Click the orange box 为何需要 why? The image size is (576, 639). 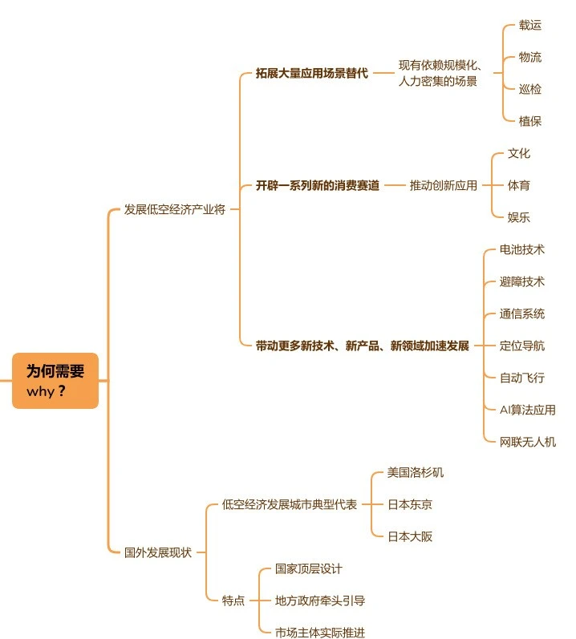(x=55, y=381)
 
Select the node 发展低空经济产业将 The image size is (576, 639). (x=174, y=209)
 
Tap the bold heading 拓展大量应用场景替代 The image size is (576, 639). (x=312, y=73)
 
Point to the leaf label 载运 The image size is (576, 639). (x=530, y=26)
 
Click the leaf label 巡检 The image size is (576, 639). (x=530, y=89)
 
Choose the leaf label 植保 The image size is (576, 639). (x=530, y=121)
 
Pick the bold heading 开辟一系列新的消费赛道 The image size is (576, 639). (x=318, y=185)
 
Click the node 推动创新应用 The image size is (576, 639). (x=443, y=185)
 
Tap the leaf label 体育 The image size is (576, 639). (x=518, y=185)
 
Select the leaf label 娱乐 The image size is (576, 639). (x=518, y=217)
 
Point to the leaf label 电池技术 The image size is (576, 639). (x=521, y=249)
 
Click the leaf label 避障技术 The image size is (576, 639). (x=521, y=281)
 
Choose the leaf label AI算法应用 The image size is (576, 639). (x=528, y=410)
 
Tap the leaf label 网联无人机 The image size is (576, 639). (x=528, y=442)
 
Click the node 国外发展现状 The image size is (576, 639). (x=158, y=552)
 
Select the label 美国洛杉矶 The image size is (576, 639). (x=415, y=473)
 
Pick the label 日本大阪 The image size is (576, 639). (x=410, y=536)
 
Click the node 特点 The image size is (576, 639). (x=233, y=601)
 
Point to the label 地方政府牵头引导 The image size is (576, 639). (x=320, y=601)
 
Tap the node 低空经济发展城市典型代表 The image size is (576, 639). (x=290, y=504)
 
